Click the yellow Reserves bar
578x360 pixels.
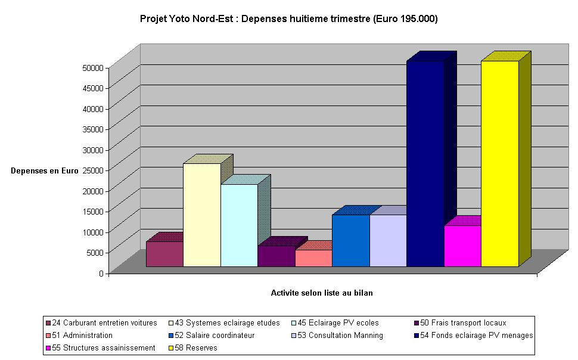point(500,164)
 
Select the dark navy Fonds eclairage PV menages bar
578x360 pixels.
point(425,164)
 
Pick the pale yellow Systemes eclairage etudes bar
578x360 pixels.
point(202,215)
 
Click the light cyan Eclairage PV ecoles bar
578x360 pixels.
point(239,225)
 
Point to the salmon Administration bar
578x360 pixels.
point(313,258)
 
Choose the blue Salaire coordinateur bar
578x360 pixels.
point(351,241)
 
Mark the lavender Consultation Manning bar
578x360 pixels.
point(388,241)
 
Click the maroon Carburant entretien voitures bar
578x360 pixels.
point(164,254)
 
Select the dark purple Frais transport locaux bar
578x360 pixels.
point(276,256)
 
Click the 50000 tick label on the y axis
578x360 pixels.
point(93,67)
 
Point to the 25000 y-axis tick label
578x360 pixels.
point(93,170)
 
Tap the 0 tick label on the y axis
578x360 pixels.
point(101,273)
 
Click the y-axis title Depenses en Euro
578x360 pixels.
point(45,171)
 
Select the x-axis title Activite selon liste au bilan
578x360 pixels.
point(322,293)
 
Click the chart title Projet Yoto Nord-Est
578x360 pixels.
point(289,19)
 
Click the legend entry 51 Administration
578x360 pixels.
point(87,335)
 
